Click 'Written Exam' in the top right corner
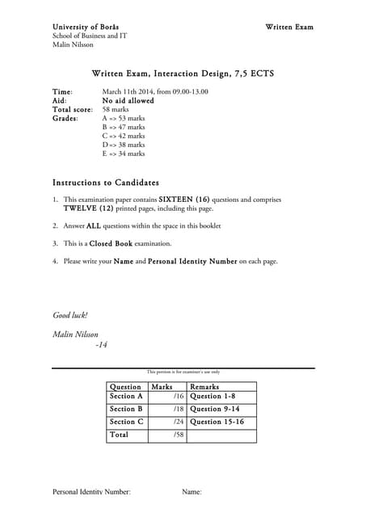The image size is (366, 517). [289, 27]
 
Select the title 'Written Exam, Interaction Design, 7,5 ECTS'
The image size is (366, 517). [183, 74]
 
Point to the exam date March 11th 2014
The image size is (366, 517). [130, 92]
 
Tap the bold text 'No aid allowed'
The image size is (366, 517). [128, 101]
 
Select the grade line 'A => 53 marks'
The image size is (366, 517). [124, 118]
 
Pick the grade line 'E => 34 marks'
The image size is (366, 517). [124, 153]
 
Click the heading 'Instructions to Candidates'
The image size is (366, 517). [105, 183]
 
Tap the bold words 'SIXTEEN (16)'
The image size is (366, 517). [190, 199]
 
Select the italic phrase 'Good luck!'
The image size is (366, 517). [69, 315]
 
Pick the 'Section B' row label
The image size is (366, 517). [126, 410]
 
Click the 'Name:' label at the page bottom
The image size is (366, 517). [192, 492]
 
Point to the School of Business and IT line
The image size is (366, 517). [89, 36]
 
